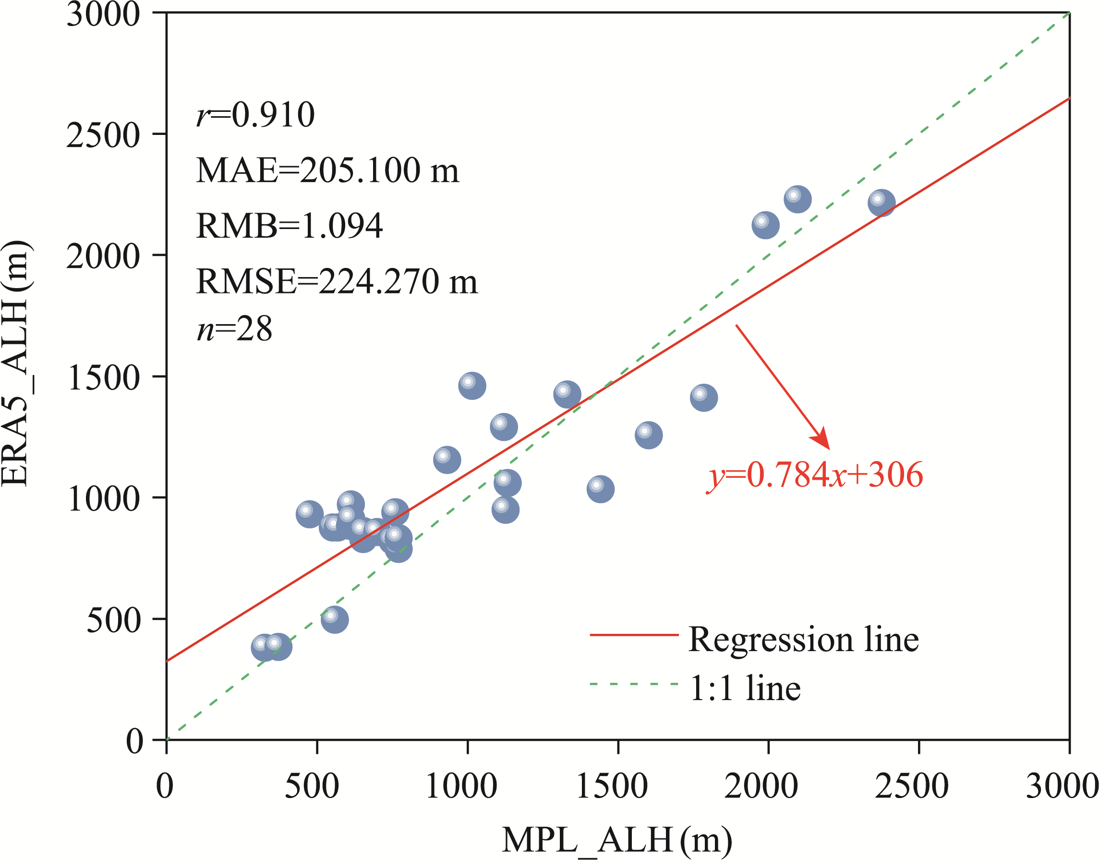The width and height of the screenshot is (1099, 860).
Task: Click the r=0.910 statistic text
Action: pyautogui.click(x=255, y=115)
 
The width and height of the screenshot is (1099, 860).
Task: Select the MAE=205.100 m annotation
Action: pyautogui.click(x=327, y=170)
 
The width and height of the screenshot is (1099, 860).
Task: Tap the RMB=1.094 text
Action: pyautogui.click(x=289, y=226)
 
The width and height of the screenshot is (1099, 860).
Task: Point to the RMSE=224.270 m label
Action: pyautogui.click(x=336, y=281)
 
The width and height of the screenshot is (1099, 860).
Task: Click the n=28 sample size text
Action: pyautogui.click(x=234, y=329)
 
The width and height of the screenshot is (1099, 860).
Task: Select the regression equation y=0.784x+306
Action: pyautogui.click(x=815, y=475)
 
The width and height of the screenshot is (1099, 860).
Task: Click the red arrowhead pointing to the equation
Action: pyautogui.click(x=821, y=438)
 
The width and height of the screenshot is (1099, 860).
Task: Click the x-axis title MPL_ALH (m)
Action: pyautogui.click(x=616, y=840)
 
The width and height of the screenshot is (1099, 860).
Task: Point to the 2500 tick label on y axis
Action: pyautogui.click(x=103, y=135)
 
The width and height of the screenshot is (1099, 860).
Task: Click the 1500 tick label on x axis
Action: pyautogui.click(x=612, y=787)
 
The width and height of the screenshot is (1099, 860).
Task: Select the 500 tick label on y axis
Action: pyautogui.click(x=113, y=620)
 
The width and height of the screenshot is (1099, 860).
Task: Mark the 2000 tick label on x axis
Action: pyautogui.click(x=761, y=787)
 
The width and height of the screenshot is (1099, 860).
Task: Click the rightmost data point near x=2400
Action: pyautogui.click(x=882, y=203)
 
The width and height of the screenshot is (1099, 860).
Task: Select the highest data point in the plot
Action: pyautogui.click(x=797, y=199)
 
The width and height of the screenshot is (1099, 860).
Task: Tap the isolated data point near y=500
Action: pyautogui.click(x=335, y=619)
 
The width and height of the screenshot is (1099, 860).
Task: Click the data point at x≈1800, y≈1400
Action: pyautogui.click(x=703, y=397)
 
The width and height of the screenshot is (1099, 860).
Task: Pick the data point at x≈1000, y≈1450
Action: pyautogui.click(x=471, y=386)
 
